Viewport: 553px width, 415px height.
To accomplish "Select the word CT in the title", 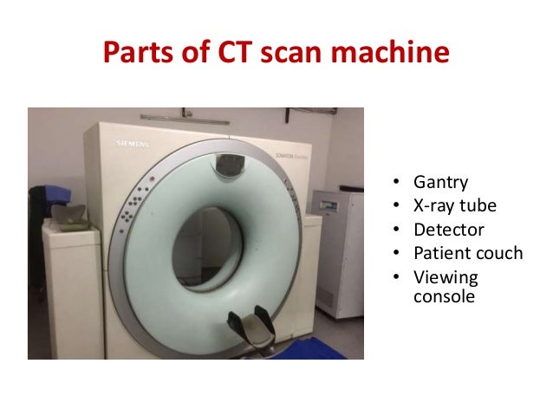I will pos(224,54).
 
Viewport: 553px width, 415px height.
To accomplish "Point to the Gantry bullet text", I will pos(441,183).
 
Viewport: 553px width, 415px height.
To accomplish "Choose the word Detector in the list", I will pos(449,230).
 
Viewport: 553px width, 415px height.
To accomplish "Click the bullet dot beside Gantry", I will pos(395,184).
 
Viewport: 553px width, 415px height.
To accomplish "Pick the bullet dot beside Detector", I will pos(395,230).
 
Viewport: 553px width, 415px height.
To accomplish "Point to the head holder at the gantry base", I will pos(250,327).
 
